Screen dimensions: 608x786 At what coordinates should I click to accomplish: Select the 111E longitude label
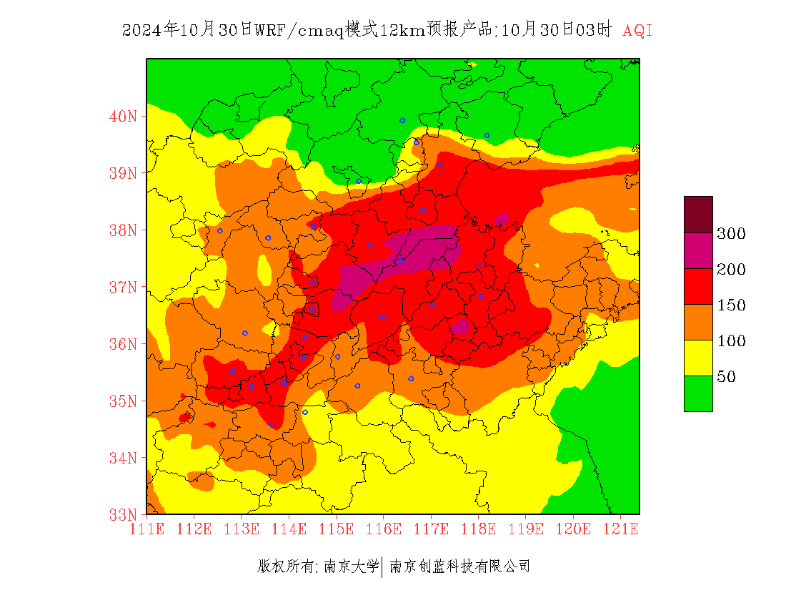tap(147, 529)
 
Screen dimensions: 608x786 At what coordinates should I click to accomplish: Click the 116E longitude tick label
tap(384, 529)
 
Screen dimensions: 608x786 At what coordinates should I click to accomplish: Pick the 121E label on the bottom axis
tap(620, 529)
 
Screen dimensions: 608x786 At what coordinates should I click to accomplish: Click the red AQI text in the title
tap(637, 31)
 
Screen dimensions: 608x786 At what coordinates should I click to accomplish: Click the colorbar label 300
tap(732, 233)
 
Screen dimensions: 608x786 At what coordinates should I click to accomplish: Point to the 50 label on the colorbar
tap(726, 376)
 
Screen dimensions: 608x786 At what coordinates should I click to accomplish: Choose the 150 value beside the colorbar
tap(732, 305)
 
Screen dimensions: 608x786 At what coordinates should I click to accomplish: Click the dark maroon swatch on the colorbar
tap(698, 214)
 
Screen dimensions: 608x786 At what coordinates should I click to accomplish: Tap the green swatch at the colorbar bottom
tap(698, 393)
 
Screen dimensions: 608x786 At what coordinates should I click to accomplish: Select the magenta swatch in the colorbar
tap(698, 250)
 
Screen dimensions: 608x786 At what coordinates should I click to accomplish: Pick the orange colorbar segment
tap(698, 322)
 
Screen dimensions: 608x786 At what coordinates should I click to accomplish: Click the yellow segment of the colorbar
tap(698, 358)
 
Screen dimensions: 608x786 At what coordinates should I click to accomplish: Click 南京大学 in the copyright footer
tap(351, 567)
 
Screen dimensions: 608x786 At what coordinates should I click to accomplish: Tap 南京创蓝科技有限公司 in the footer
tap(459, 567)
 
